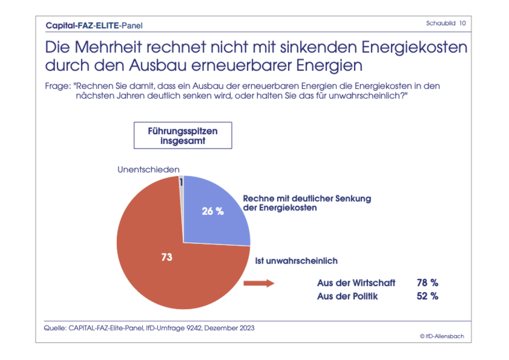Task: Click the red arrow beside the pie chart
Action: coord(258,284)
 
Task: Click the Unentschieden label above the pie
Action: coord(148,169)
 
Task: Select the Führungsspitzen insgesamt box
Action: coord(183,135)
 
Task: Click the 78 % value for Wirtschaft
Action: coord(427,283)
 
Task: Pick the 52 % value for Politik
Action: coord(427,296)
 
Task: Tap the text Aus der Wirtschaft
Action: coord(356,283)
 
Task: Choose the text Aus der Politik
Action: coord(347,296)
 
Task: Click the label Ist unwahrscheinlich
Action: coord(296,261)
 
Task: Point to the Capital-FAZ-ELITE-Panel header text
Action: coord(94,25)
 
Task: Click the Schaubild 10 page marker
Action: coord(446,23)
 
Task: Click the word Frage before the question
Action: coord(57,85)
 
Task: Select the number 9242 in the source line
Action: coord(190,328)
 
